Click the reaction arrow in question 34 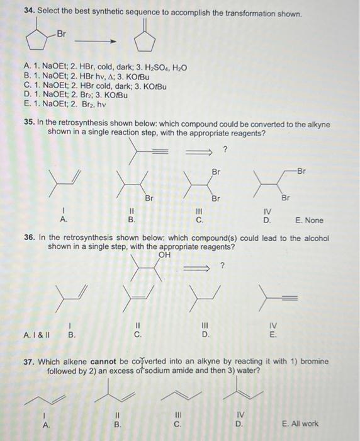(x=101, y=43)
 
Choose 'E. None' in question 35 (x=308, y=220)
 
